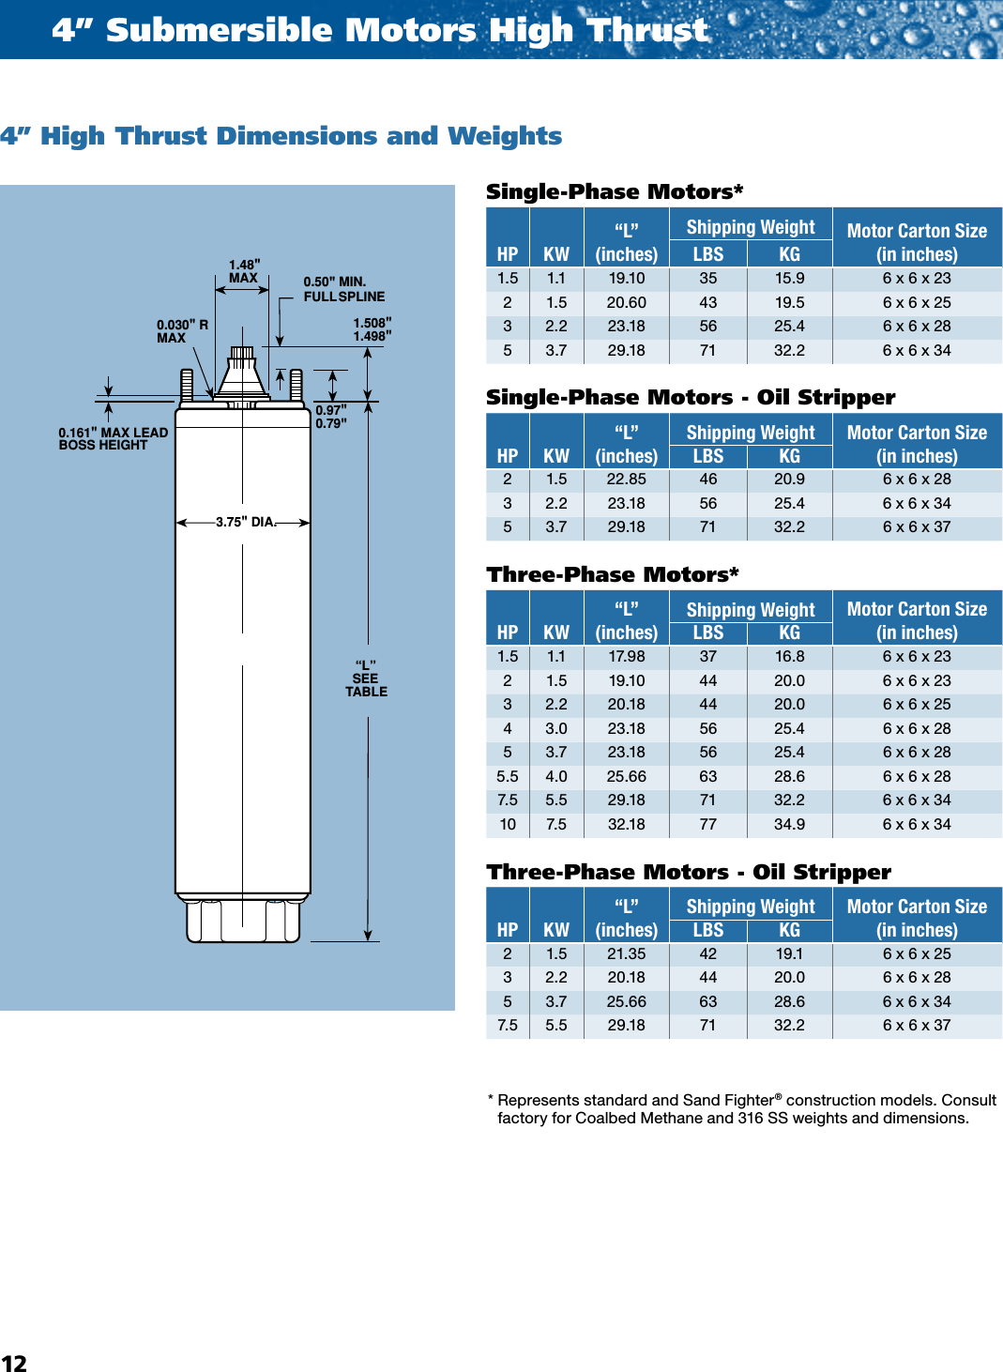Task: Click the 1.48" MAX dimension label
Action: [244, 271]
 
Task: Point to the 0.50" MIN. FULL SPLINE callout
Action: [343, 289]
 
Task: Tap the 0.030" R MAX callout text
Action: [182, 331]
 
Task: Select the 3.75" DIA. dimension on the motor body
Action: [246, 522]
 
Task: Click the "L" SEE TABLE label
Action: [366, 678]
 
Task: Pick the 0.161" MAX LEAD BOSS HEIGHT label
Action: [113, 438]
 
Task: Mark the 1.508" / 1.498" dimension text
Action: [372, 329]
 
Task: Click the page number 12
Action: [14, 1363]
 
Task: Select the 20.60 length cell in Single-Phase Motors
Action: [626, 302]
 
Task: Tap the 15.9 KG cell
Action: [789, 278]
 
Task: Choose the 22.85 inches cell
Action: [626, 479]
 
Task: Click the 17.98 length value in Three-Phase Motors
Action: [626, 656]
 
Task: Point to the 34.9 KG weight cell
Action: [789, 824]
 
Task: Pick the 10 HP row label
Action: [508, 824]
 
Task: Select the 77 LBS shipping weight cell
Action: [707, 824]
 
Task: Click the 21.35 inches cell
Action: [626, 953]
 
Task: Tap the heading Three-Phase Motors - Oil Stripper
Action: [689, 872]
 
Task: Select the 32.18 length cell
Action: [626, 824]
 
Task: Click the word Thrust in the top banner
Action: [647, 30]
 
